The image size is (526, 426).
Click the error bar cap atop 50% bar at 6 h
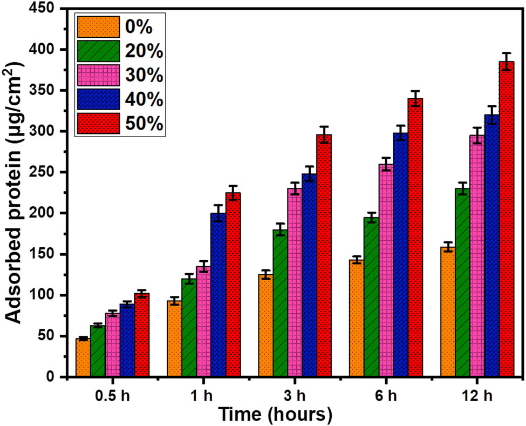click(x=415, y=91)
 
